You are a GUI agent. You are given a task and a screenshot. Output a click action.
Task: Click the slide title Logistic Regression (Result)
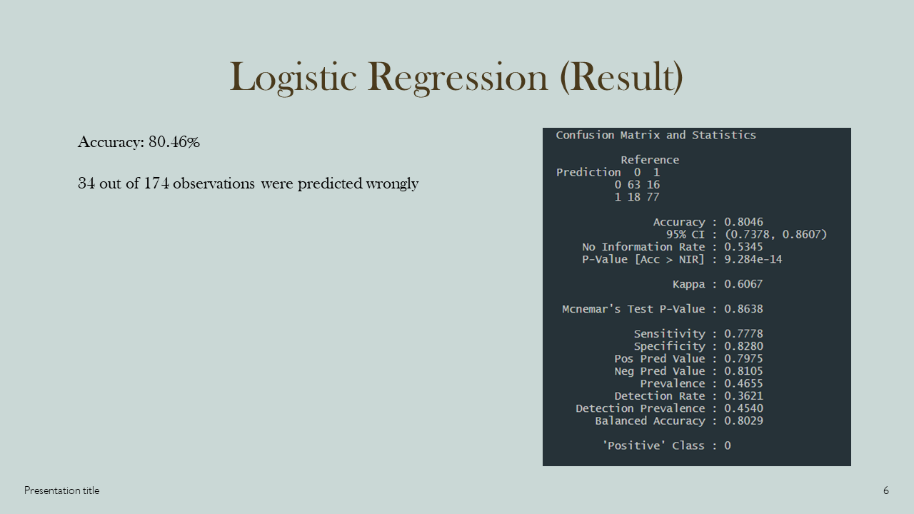(x=456, y=77)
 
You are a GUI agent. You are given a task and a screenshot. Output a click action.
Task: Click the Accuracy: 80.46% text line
(x=139, y=142)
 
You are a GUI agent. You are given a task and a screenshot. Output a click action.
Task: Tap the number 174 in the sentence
(x=156, y=183)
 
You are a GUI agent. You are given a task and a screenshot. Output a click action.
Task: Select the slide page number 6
(x=885, y=490)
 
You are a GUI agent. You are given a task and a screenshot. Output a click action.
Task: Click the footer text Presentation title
(x=61, y=490)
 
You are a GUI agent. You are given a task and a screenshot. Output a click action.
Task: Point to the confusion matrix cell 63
(x=634, y=185)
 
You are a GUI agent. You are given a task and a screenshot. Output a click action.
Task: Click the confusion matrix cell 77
(x=653, y=197)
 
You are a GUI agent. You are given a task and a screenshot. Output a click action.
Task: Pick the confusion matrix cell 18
(x=634, y=197)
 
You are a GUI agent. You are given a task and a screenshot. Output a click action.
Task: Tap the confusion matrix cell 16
(x=653, y=185)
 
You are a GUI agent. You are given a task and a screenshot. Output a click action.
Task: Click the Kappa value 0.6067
(x=743, y=284)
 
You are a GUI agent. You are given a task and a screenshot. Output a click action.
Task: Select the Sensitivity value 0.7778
(x=743, y=334)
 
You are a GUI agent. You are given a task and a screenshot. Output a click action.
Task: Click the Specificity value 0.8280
(x=743, y=346)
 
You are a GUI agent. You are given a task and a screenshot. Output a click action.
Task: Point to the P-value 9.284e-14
(x=753, y=259)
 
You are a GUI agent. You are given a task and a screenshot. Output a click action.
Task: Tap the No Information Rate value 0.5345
(x=743, y=247)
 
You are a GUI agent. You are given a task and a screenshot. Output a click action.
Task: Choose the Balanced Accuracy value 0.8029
(x=743, y=421)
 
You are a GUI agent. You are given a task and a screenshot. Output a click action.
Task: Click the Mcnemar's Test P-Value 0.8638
(x=743, y=309)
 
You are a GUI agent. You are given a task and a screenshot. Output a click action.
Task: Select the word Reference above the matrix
(x=650, y=160)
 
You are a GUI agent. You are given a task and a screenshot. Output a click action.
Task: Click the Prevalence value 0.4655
(x=743, y=383)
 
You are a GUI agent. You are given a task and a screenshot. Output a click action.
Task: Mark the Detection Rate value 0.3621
(x=743, y=396)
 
